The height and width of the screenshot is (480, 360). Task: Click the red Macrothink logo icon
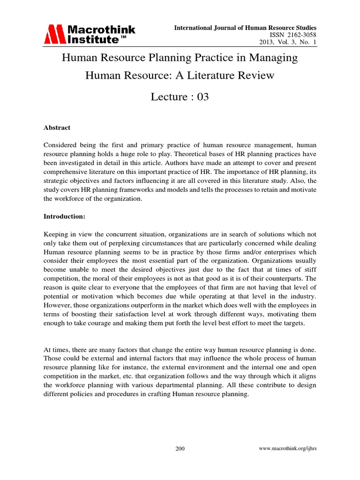point(55,34)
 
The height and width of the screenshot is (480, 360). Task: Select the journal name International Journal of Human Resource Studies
point(245,28)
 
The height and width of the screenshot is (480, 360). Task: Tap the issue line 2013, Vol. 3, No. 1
point(288,43)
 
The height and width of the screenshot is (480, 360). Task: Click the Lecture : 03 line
point(180,97)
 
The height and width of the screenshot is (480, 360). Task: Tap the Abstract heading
point(57,127)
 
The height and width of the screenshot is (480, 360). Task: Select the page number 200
point(180,449)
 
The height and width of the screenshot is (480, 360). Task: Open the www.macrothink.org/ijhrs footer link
point(287,449)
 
